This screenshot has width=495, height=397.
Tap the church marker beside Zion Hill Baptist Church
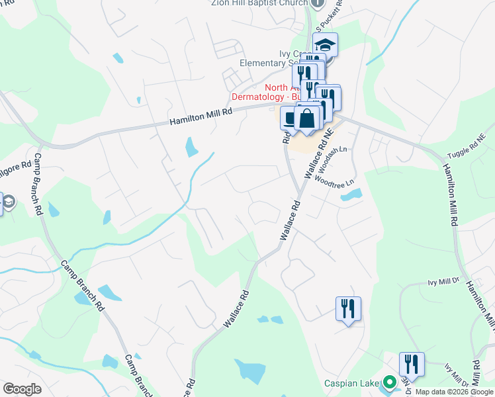pyautogui.click(x=318, y=3)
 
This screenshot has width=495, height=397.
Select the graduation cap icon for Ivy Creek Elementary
pyautogui.click(x=325, y=45)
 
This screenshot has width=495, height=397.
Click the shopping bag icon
pyautogui.click(x=307, y=119)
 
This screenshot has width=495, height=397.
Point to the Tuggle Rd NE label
pyautogui.click(x=467, y=146)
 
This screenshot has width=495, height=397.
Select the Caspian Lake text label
pyautogui.click(x=350, y=383)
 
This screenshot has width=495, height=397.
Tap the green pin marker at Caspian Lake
pyautogui.click(x=390, y=382)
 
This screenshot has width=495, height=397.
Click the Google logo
pyautogui.click(x=22, y=389)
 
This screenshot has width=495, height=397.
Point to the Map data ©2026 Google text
pyautogui.click(x=455, y=392)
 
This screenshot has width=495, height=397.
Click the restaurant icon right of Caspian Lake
pyautogui.click(x=412, y=364)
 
